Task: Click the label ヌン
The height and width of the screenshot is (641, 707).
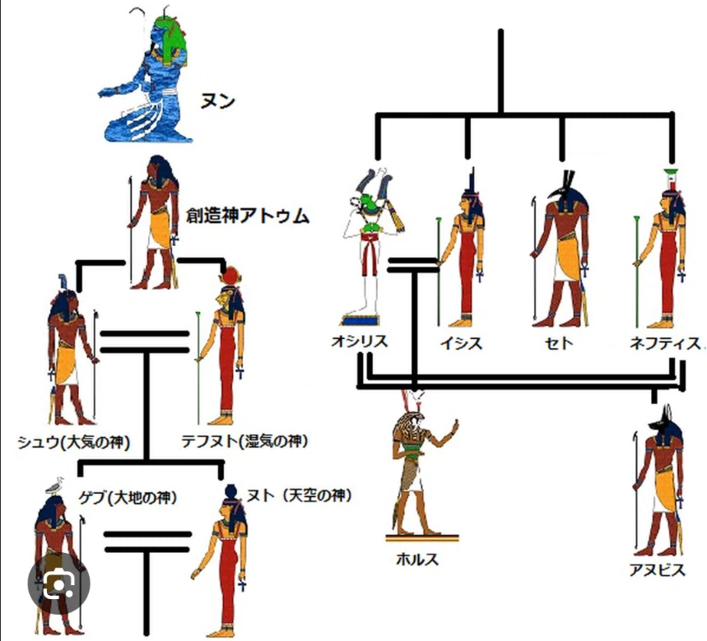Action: [218, 101]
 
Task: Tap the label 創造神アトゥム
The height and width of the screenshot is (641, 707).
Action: [248, 216]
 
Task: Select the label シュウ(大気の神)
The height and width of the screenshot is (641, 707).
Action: [74, 442]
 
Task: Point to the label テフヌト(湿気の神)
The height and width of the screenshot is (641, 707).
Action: [244, 440]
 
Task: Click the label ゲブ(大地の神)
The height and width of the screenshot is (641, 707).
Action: [128, 497]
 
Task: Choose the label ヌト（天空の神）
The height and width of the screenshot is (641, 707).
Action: [299, 495]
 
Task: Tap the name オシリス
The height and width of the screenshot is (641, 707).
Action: [360, 341]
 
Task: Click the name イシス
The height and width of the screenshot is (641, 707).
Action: [462, 343]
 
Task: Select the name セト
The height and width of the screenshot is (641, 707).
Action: [559, 343]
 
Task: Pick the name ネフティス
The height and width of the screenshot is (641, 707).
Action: [665, 343]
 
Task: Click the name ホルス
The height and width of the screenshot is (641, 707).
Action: [417, 560]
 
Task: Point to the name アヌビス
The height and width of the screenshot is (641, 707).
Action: [658, 569]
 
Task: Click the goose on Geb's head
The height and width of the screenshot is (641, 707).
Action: [54, 485]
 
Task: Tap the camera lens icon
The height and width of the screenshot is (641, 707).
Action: [58, 583]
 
